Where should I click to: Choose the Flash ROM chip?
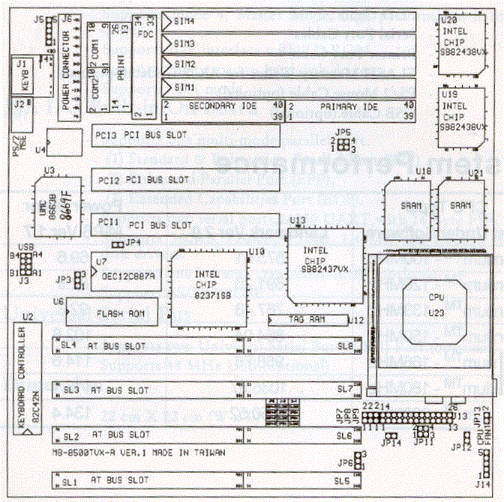point(113,312)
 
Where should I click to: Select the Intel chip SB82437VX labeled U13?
point(324,264)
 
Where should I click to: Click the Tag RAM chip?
point(307,320)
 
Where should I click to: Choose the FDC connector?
point(140,68)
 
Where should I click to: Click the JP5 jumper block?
point(344,144)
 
